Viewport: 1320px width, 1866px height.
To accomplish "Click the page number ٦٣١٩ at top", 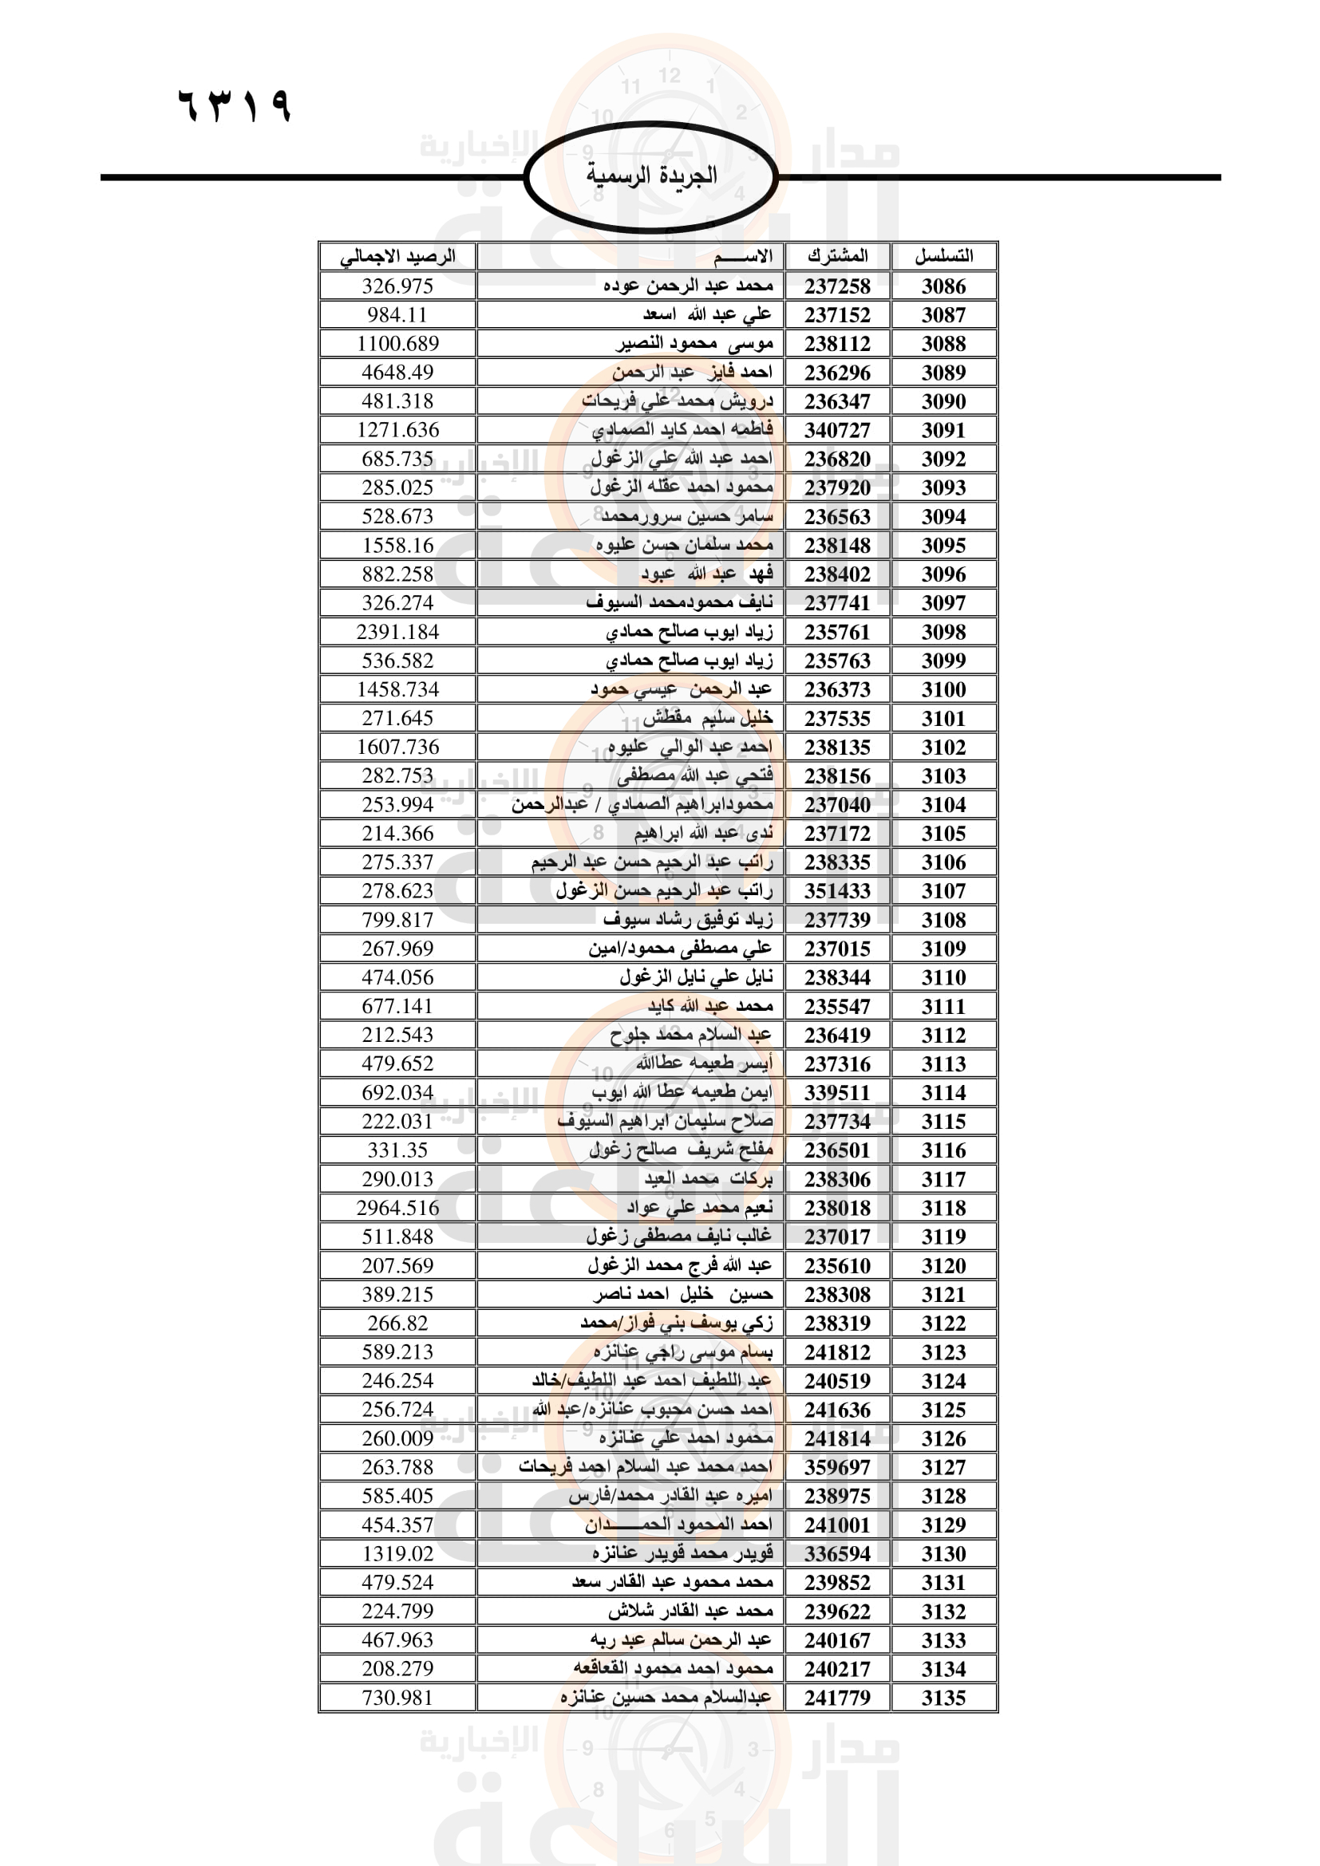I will pyautogui.click(x=234, y=105).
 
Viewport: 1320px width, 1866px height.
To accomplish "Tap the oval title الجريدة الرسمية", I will pyautogui.click(x=651, y=176).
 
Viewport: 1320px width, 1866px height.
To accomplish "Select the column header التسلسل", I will pyautogui.click(x=943, y=256).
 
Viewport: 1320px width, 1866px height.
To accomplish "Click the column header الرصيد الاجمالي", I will pyautogui.click(x=397, y=257).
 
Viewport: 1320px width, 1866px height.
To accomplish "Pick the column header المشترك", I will pyautogui.click(x=837, y=256).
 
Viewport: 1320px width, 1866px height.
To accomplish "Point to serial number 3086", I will pyautogui.click(x=943, y=286).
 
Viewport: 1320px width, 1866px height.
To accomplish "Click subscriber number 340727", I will pyautogui.click(x=837, y=430).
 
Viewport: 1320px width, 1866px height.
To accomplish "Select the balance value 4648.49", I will pyautogui.click(x=397, y=373).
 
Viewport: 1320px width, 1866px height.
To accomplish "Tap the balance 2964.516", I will pyautogui.click(x=397, y=1208).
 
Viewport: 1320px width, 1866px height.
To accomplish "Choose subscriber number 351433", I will pyautogui.click(x=837, y=891).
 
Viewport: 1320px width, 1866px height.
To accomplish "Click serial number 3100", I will pyautogui.click(x=943, y=689).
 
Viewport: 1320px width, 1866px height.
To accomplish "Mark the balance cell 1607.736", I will pyautogui.click(x=397, y=747).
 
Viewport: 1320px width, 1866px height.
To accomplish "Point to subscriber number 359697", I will pyautogui.click(x=837, y=1467).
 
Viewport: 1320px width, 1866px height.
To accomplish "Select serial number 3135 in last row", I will pyautogui.click(x=943, y=1698).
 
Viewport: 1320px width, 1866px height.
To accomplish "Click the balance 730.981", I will pyautogui.click(x=397, y=1698).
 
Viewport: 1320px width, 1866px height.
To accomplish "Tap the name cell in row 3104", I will pyautogui.click(x=642, y=805).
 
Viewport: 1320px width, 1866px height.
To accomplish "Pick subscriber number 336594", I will pyautogui.click(x=837, y=1553).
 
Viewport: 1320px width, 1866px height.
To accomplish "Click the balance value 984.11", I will pyautogui.click(x=397, y=314).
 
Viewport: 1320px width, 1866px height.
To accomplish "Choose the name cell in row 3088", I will pyautogui.click(x=694, y=344).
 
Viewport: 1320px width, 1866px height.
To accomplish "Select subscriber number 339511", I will pyautogui.click(x=837, y=1092).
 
